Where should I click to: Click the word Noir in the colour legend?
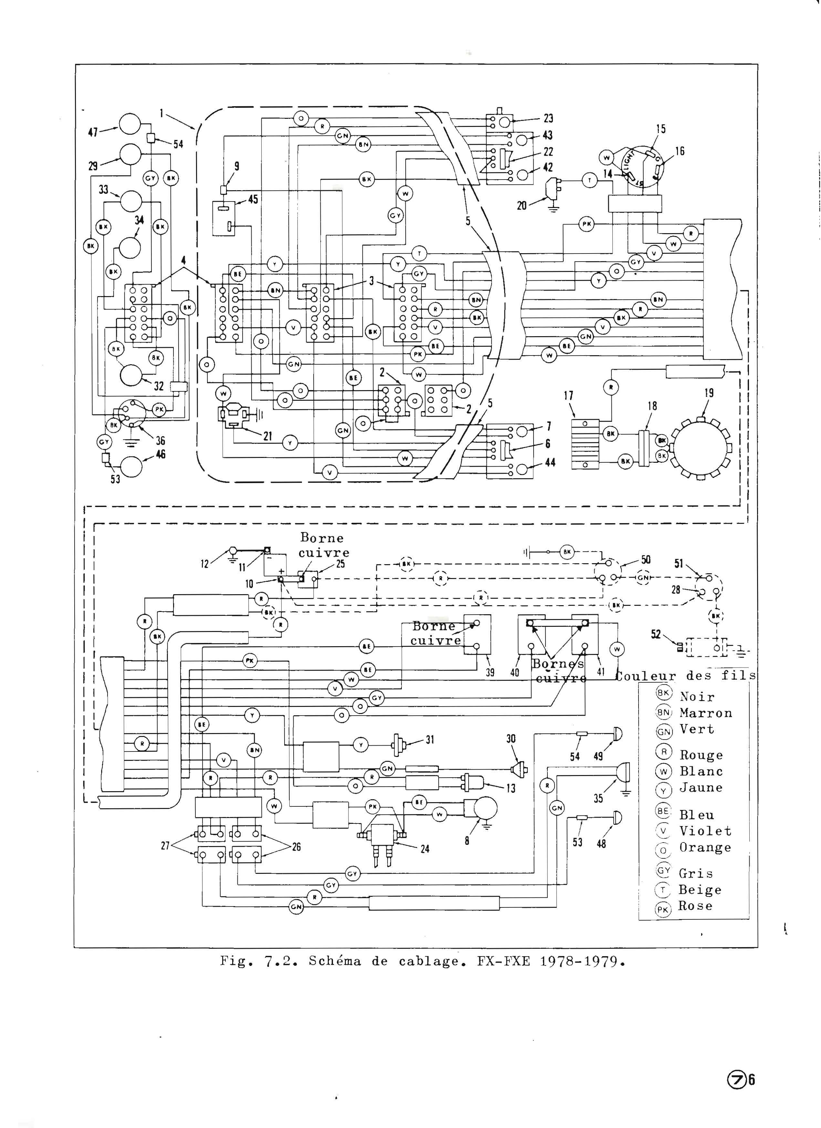697,697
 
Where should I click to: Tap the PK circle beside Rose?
663,910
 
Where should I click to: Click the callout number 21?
267,436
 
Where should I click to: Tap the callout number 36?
161,441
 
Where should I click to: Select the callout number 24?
425,849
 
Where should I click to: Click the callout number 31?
430,740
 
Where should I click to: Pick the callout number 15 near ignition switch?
660,129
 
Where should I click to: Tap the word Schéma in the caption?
335,961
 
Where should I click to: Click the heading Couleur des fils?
686,676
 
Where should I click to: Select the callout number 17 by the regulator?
568,396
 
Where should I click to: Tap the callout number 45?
253,200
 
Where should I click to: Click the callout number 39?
490,672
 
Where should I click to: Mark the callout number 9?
237,166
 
